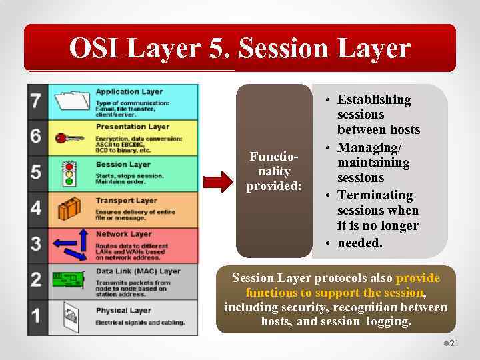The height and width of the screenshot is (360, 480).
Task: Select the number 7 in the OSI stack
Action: coord(36,101)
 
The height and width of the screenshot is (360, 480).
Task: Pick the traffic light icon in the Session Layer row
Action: coord(67,173)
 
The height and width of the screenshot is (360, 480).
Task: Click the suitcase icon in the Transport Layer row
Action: coord(69,209)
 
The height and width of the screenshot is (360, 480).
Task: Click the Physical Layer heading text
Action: coord(123,311)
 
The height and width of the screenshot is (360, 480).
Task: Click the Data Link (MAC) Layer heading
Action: coord(138,271)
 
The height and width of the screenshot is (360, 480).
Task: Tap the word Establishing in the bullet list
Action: coord(374,100)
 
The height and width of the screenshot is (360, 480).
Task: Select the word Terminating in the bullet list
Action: coord(375,195)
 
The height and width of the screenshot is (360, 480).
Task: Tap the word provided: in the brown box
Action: coord(274,186)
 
